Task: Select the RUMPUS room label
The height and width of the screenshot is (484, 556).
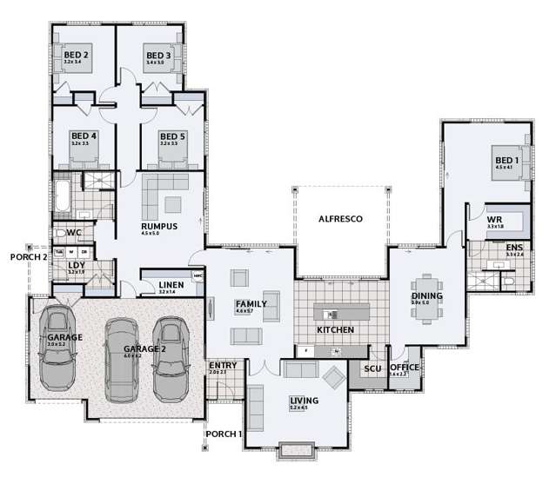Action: [x=159, y=226]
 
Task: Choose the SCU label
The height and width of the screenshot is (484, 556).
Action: [x=372, y=368]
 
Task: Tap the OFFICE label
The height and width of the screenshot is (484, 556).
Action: [x=405, y=368]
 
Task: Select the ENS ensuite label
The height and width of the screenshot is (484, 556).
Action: [x=515, y=248]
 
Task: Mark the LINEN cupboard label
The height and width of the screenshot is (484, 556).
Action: [x=170, y=284]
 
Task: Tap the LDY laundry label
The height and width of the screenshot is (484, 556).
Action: [x=77, y=265]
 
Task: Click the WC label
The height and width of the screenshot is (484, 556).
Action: [x=75, y=233]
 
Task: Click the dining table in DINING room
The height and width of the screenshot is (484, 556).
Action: [x=426, y=297]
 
